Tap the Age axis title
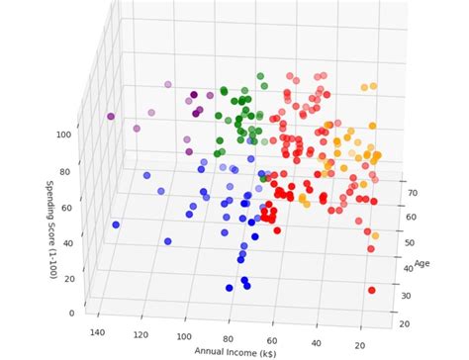[x=422, y=263]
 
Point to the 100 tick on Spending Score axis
[x=62, y=134]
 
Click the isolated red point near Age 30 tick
[x=372, y=290]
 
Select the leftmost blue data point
[x=116, y=225]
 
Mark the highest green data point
[x=259, y=76]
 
